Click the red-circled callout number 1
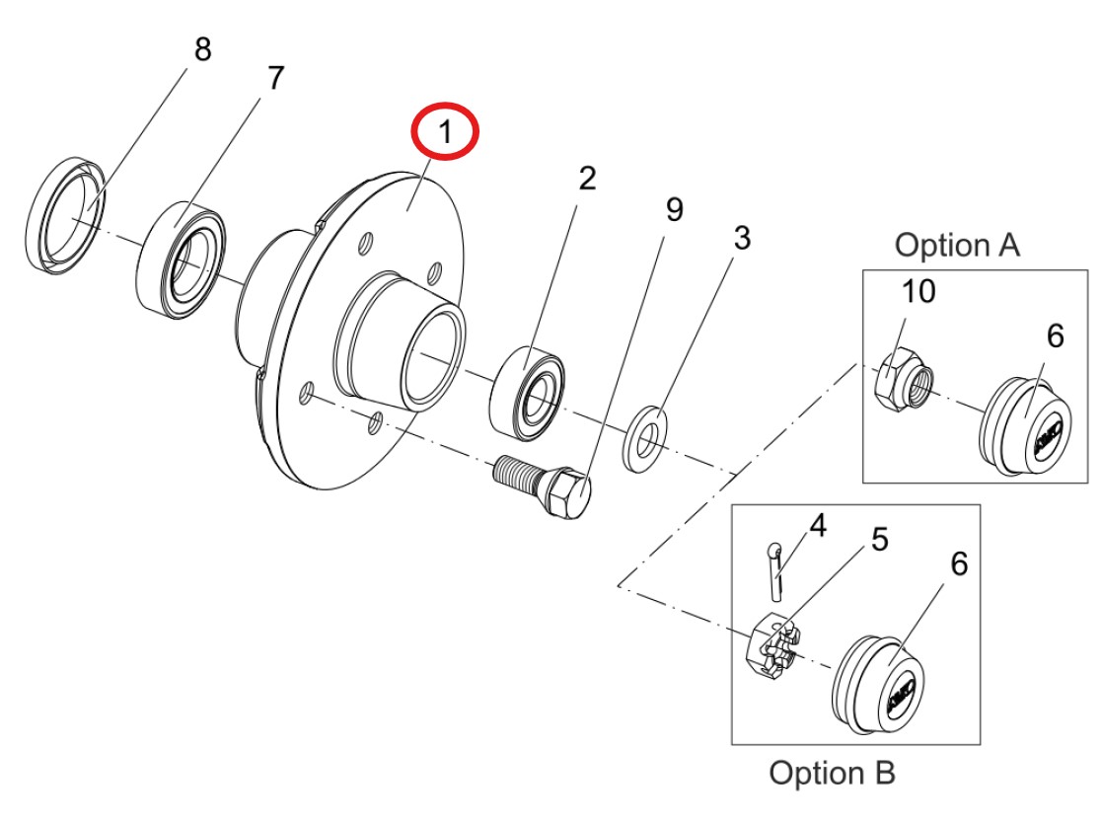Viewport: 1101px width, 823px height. coord(445,132)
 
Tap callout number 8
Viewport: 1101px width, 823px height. coord(202,50)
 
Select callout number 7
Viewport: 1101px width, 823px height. coord(275,78)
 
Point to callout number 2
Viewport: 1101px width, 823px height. coord(587,179)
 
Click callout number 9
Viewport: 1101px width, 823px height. coord(675,209)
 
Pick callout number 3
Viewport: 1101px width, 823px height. coord(741,238)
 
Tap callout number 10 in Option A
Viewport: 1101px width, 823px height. coord(917,291)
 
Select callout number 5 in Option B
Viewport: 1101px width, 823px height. coord(879,539)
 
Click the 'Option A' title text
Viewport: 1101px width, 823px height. coord(956,246)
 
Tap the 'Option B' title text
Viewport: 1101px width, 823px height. coord(832,773)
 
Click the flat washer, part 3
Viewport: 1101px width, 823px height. coord(644,435)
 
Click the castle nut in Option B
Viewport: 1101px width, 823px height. coord(772,651)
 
